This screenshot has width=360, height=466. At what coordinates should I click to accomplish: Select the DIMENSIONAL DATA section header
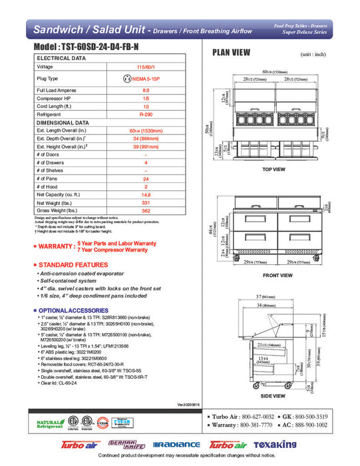[x=63, y=122]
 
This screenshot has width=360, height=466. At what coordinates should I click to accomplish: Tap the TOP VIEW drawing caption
[x=273, y=170]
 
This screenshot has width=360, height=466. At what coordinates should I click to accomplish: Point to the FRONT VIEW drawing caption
[x=277, y=276]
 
